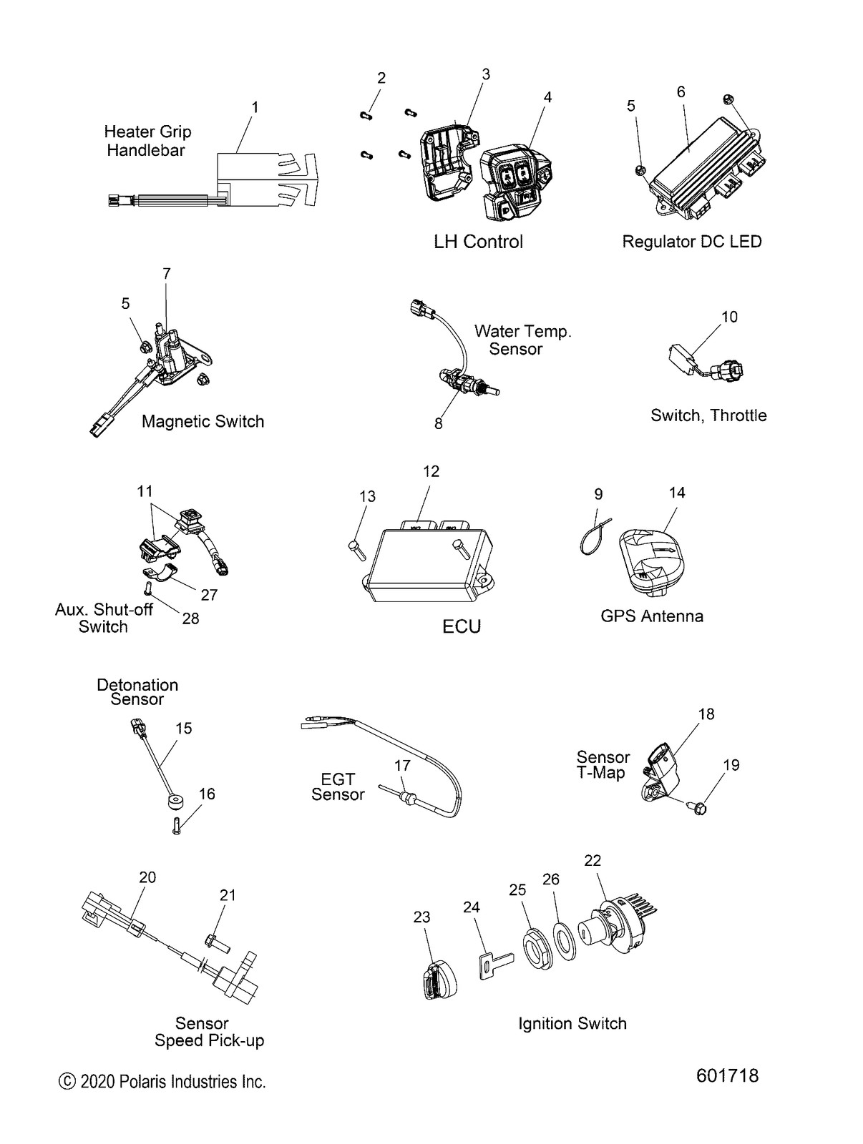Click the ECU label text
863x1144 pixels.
[462, 627]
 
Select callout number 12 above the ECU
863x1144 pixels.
[431, 472]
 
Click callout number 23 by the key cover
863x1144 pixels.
[421, 917]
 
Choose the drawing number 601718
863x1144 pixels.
[727, 1076]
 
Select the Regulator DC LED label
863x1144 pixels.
[691, 242]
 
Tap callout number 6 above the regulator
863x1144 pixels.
[681, 92]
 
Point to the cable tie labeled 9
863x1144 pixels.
[593, 543]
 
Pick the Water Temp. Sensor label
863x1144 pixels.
[522, 340]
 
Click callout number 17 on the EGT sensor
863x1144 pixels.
[402, 766]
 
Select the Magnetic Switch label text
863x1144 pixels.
[203, 422]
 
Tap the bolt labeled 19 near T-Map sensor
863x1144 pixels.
[700, 809]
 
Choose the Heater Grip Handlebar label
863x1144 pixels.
[147, 141]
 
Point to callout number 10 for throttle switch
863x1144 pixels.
[729, 317]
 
